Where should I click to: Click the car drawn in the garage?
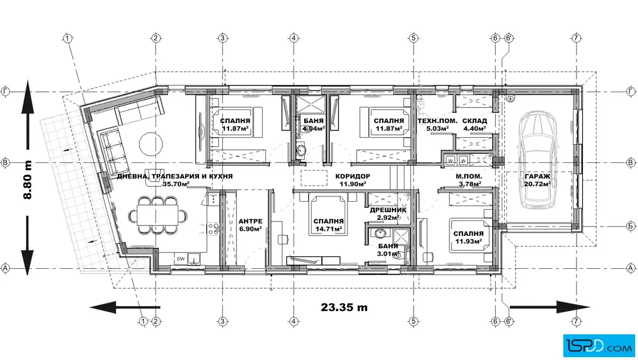pyautogui.click(x=536, y=159)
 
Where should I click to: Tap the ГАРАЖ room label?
pyautogui.click(x=537, y=176)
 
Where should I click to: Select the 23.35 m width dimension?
pyautogui.click(x=344, y=307)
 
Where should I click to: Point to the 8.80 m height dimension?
pyautogui.click(x=27, y=179)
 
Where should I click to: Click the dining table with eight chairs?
pyautogui.click(x=158, y=215)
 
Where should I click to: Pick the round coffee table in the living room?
pyautogui.click(x=151, y=144)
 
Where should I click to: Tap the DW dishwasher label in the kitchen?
pyautogui.click(x=181, y=259)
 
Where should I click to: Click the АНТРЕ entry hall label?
pyautogui.click(x=250, y=221)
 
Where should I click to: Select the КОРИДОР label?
pyautogui.click(x=353, y=176)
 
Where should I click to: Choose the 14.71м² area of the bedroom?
pyautogui.click(x=328, y=229)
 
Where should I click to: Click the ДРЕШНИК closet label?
pyautogui.click(x=388, y=210)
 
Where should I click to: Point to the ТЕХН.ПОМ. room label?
pyautogui.click(x=437, y=121)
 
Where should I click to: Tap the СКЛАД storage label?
pyautogui.click(x=475, y=121)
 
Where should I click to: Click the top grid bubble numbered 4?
pyautogui.click(x=293, y=38)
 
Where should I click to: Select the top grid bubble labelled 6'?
pyautogui.click(x=509, y=38)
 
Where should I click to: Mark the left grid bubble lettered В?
pyautogui.click(x=5, y=163)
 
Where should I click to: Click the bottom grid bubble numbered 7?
pyautogui.click(x=576, y=321)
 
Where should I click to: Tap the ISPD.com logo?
pyautogui.click(x=599, y=345)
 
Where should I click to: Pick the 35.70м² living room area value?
pyautogui.click(x=176, y=184)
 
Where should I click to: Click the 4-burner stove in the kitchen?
pyautogui.click(x=214, y=228)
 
